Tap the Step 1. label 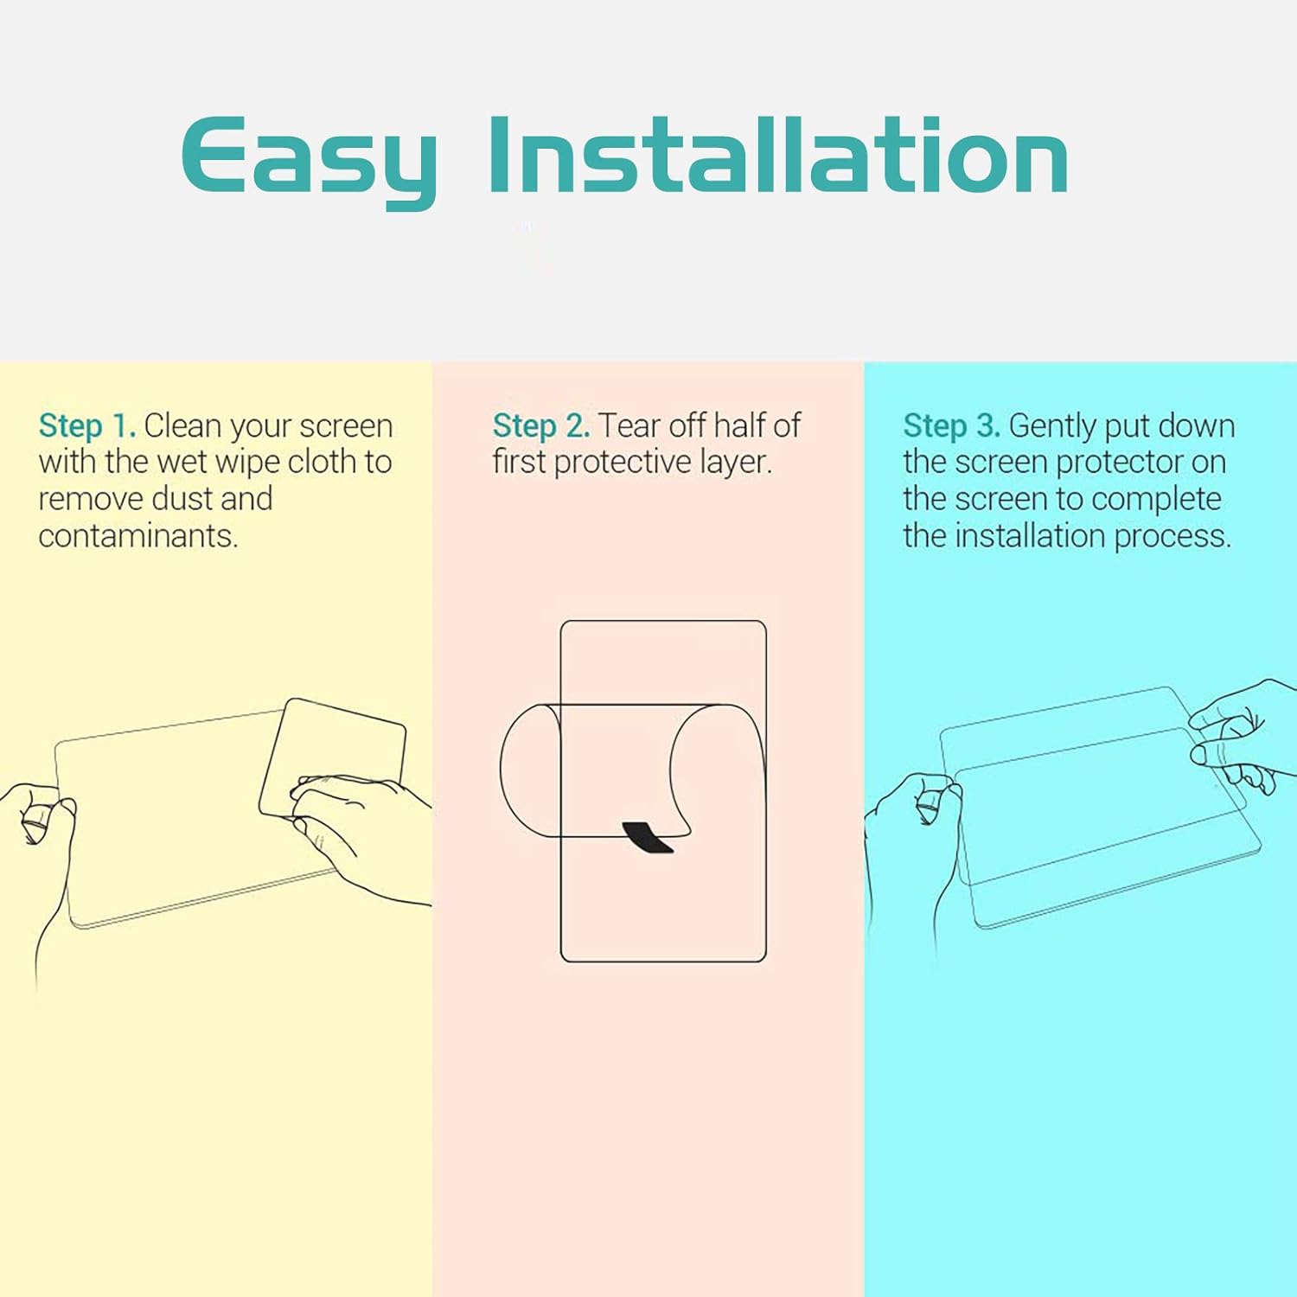pos(87,425)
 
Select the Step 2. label pos(541,425)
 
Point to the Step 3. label pos(952,425)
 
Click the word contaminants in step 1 pos(137,536)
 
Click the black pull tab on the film pos(648,837)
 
